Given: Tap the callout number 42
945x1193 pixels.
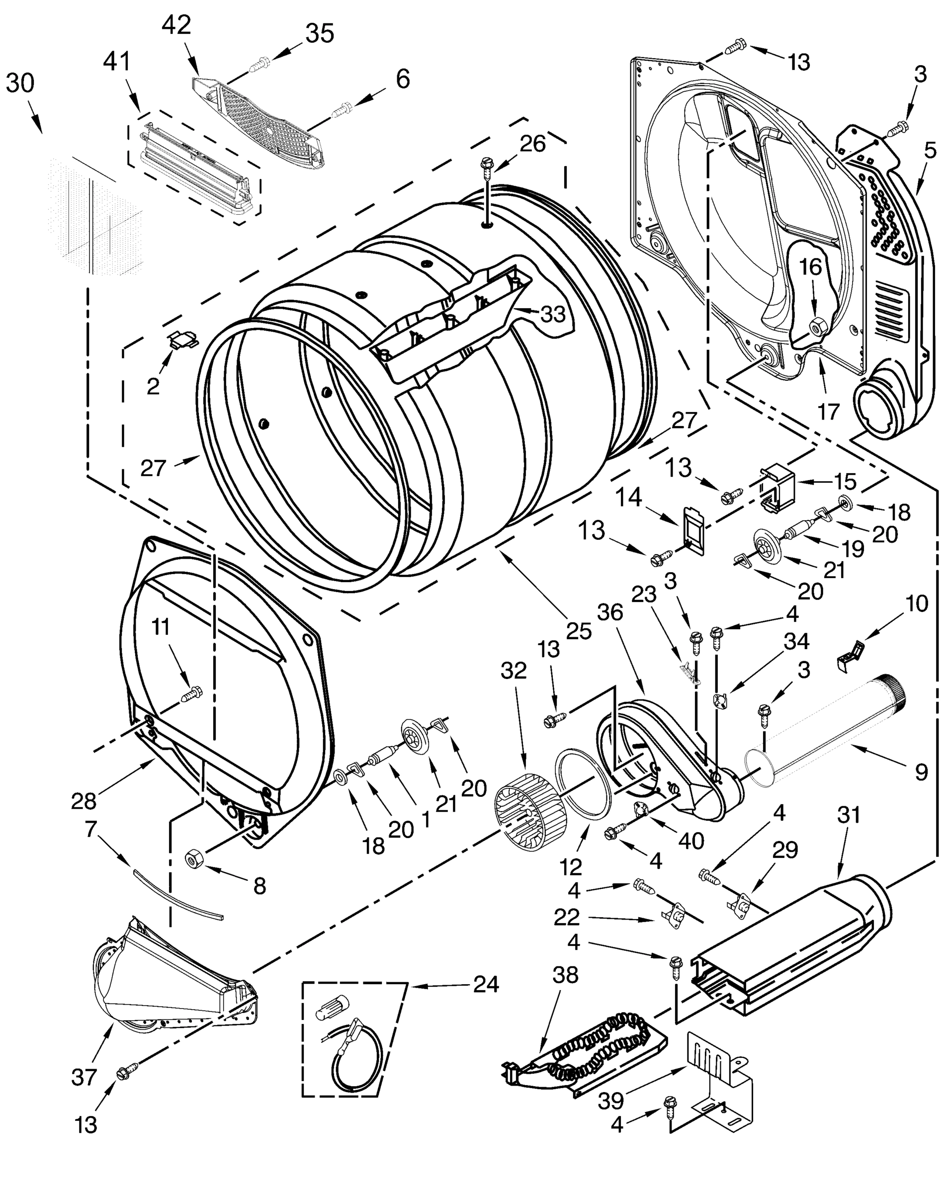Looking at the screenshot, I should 176,25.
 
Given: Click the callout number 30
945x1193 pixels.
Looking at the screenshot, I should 20,83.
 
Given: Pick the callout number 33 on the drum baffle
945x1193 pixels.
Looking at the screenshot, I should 553,314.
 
